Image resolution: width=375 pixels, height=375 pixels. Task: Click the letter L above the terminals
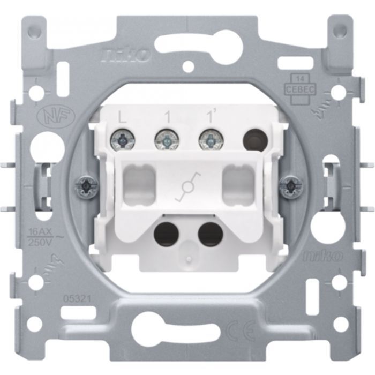122,115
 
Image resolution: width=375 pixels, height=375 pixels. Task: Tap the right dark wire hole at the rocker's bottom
209,232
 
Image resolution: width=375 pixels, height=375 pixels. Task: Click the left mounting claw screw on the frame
86,185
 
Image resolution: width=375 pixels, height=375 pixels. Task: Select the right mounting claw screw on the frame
289,185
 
